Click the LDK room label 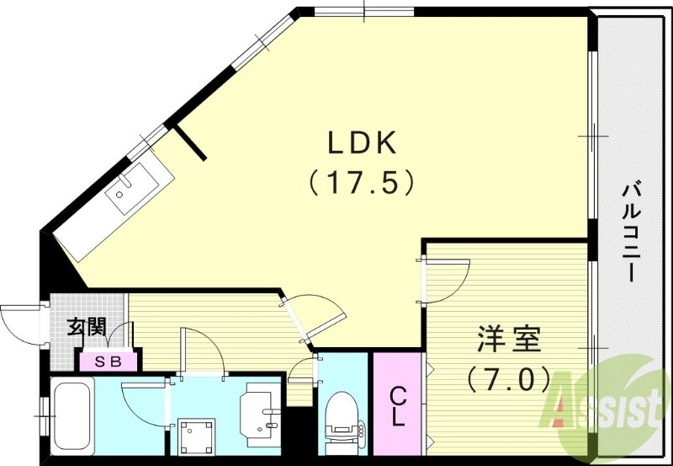pyautogui.click(x=362, y=144)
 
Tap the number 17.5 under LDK pyautogui.click(x=362, y=182)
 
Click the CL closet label pyautogui.click(x=398, y=405)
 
